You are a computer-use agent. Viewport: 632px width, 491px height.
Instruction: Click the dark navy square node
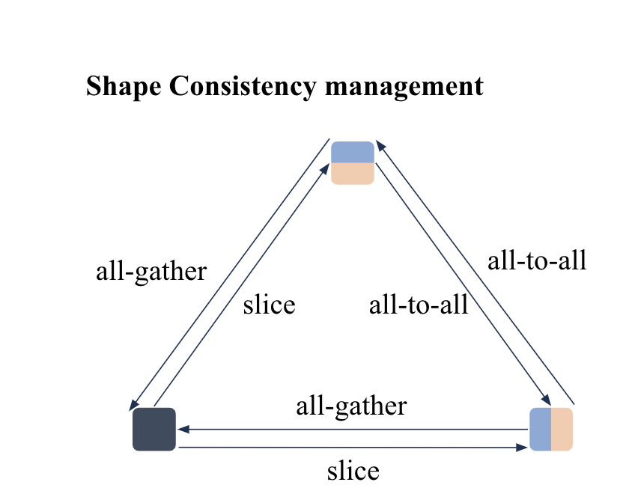click(x=154, y=430)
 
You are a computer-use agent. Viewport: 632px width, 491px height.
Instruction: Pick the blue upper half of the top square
click(x=353, y=152)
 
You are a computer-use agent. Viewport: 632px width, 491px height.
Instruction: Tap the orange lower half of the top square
click(x=353, y=174)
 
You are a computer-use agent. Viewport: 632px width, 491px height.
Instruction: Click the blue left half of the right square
click(x=540, y=430)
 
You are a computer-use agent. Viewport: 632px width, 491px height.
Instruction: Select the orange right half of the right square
click(x=562, y=430)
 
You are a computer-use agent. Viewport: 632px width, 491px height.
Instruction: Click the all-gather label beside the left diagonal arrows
click(x=151, y=271)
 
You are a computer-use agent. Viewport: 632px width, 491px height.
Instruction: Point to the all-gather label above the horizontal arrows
click(x=351, y=406)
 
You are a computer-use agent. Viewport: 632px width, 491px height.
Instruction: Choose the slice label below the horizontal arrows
click(x=353, y=472)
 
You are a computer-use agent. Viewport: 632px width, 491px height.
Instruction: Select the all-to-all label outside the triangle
click(x=537, y=260)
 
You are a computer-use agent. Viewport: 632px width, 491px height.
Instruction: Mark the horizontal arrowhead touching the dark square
click(x=183, y=430)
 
